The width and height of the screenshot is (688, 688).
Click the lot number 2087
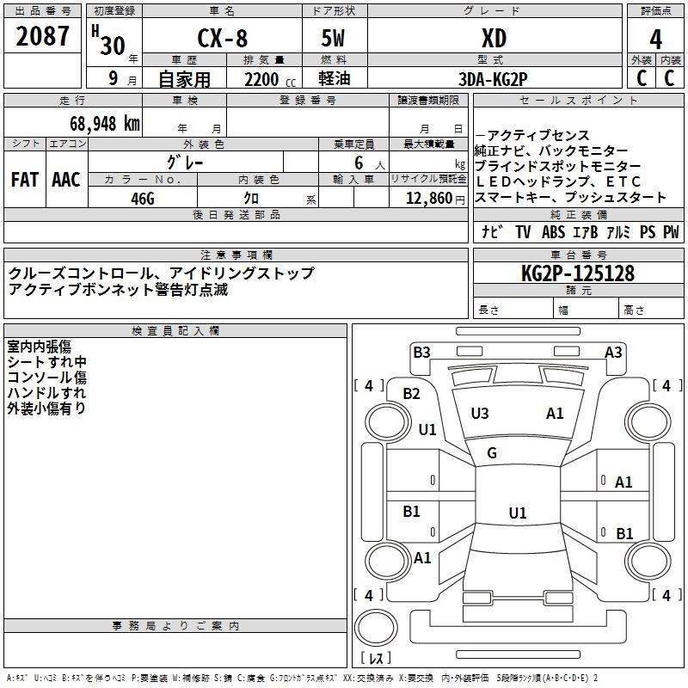43,38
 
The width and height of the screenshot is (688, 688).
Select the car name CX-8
221,39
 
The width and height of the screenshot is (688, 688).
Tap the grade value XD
494,39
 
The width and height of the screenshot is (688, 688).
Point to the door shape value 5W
334,39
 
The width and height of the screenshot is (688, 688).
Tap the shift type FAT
24,179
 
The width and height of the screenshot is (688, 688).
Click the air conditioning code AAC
66,179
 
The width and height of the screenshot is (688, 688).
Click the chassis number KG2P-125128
578,273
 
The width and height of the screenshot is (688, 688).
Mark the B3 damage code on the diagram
421,352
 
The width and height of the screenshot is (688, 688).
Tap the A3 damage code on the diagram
613,352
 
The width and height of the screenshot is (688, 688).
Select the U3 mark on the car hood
480,414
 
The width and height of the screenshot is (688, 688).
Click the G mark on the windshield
492,453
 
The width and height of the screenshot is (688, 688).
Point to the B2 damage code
412,394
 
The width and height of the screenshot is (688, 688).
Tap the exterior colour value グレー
186,161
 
